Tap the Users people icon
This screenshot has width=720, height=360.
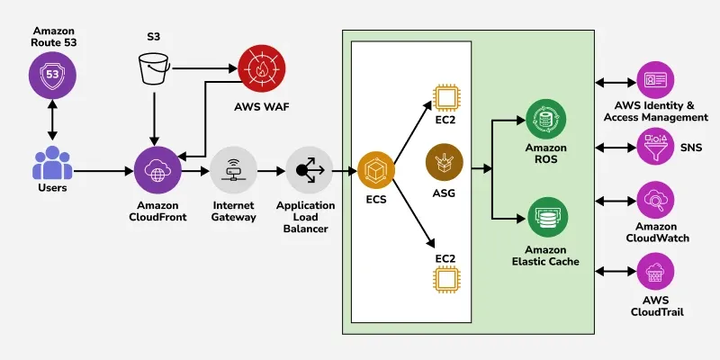pyautogui.click(x=51, y=164)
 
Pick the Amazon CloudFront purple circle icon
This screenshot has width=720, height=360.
pyautogui.click(x=157, y=169)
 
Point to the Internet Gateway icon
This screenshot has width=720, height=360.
pyautogui.click(x=233, y=169)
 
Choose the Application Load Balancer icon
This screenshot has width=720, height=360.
pyautogui.click(x=310, y=169)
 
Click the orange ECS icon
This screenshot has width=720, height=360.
pyautogui.click(x=376, y=170)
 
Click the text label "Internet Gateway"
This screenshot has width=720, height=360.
pyautogui.click(x=233, y=211)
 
